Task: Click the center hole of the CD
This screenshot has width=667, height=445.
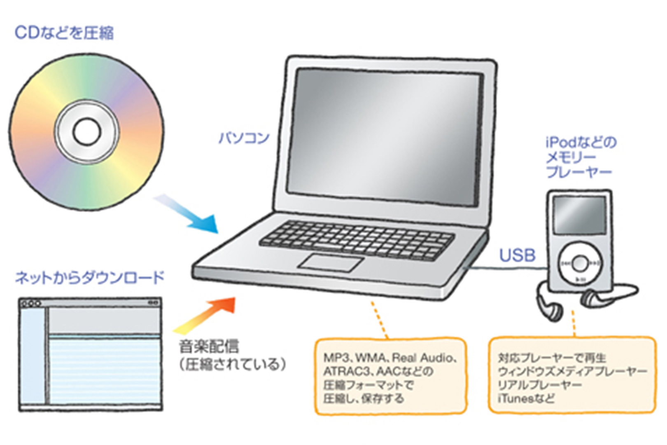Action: click(x=86, y=132)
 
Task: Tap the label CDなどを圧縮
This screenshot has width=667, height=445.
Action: click(x=64, y=33)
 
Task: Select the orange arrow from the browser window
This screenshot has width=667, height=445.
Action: click(x=206, y=315)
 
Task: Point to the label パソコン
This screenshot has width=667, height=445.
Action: click(x=244, y=138)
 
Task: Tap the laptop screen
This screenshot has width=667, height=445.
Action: click(x=385, y=136)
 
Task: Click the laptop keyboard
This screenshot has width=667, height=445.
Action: click(x=357, y=240)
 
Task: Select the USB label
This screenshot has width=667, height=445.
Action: click(x=517, y=255)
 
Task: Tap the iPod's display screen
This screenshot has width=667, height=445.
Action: click(x=579, y=215)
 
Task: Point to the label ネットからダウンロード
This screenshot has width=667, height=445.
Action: click(x=90, y=278)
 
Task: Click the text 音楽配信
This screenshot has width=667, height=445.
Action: click(x=208, y=346)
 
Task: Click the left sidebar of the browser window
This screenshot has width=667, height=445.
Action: click(x=33, y=356)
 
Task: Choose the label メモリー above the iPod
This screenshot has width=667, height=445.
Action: click(x=571, y=157)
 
